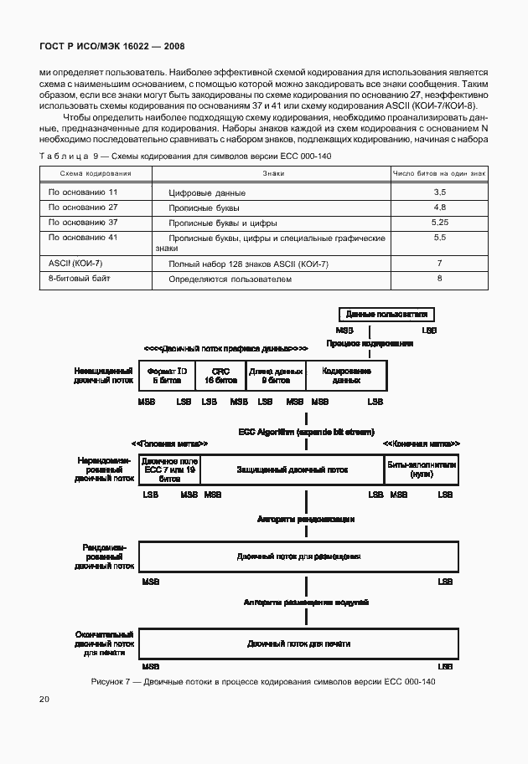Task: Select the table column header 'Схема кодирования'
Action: [96, 173]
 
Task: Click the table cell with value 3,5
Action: [439, 192]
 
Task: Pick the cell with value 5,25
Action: [439, 223]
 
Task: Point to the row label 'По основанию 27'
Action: [83, 207]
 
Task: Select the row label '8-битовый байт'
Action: [80, 278]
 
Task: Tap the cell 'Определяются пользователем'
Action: [230, 279]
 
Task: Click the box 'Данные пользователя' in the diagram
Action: [387, 315]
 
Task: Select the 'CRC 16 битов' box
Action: [220, 375]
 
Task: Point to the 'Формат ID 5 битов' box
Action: [167, 375]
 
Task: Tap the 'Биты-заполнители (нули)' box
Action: [421, 469]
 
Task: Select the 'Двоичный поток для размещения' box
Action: [298, 556]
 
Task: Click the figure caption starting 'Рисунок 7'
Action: [263, 682]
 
